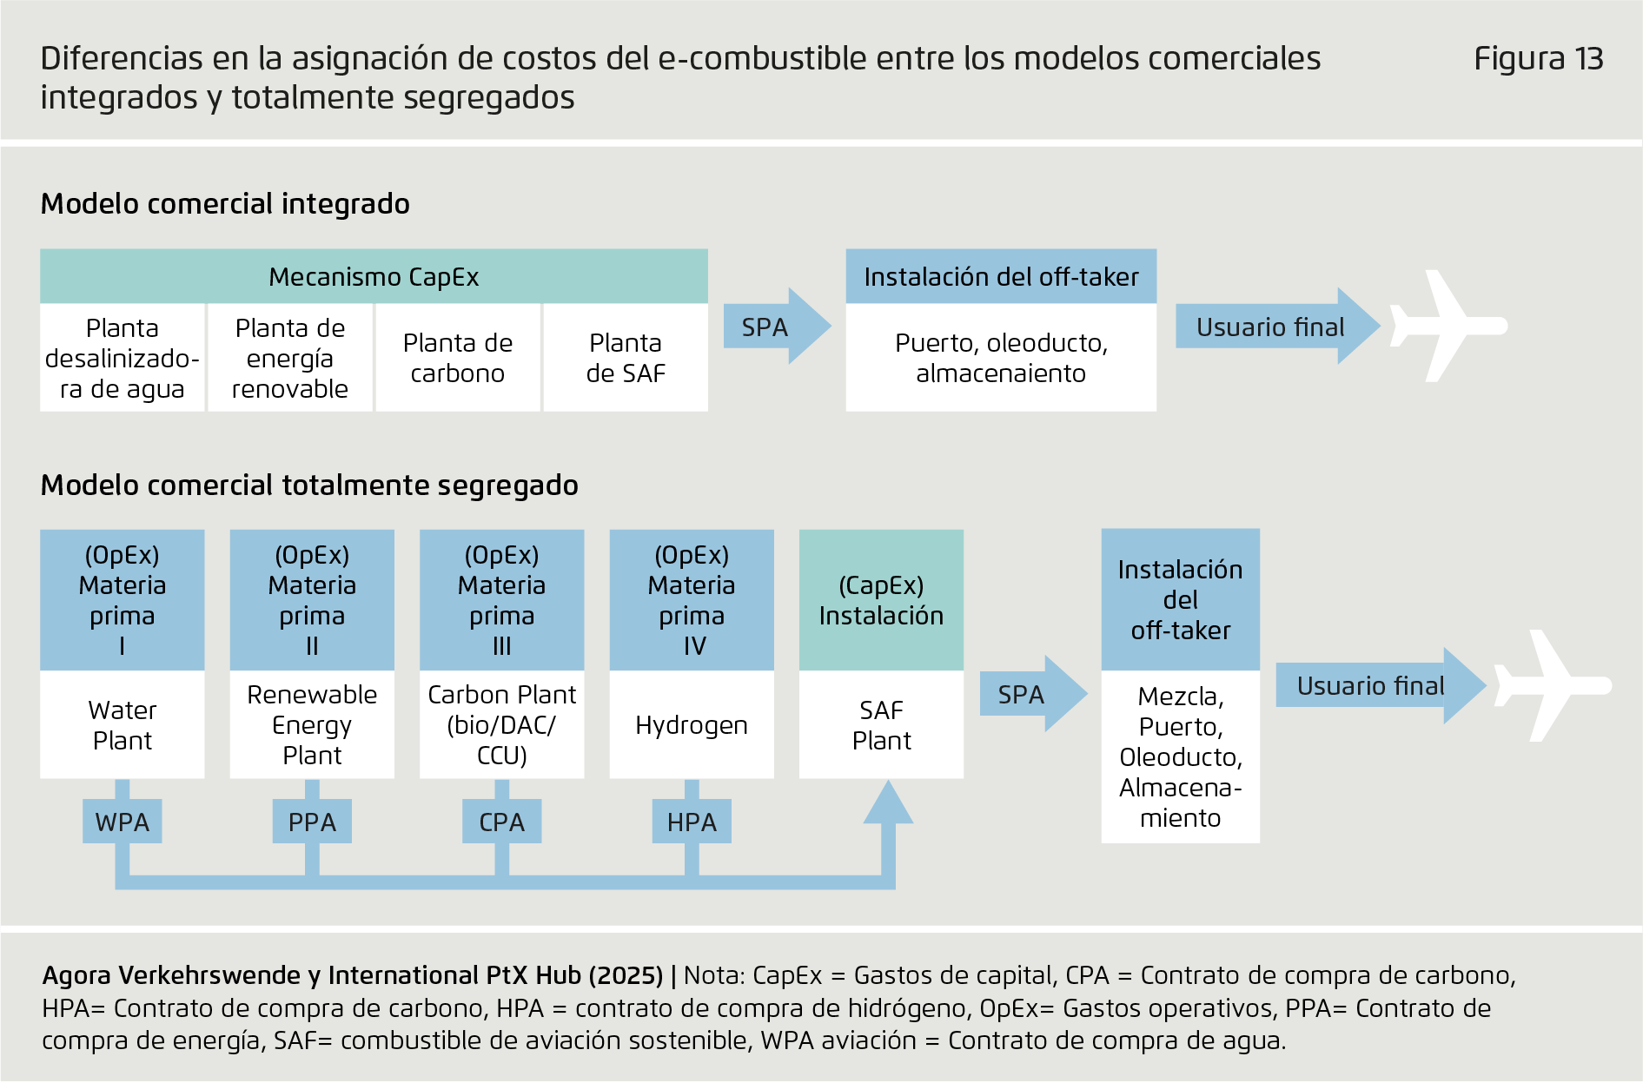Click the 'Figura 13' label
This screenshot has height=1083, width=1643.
point(1538,58)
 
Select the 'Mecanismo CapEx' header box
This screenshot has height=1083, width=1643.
point(374,276)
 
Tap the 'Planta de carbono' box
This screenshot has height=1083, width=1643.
point(458,358)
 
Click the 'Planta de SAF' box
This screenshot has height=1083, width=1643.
point(626,358)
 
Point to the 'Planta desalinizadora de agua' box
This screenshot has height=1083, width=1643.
point(123,358)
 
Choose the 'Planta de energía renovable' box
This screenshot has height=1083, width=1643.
point(290,358)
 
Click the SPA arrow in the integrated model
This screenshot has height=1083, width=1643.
point(777,327)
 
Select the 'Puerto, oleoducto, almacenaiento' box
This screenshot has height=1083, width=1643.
point(1001,358)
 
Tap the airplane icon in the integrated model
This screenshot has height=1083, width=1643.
point(1448,326)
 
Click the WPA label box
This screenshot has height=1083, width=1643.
point(123,822)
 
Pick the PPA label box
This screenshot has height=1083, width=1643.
point(312,822)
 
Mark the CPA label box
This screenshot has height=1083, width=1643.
point(502,822)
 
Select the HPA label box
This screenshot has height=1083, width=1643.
point(692,822)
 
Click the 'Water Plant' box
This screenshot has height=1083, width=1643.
point(123,724)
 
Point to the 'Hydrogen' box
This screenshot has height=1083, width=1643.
point(692,724)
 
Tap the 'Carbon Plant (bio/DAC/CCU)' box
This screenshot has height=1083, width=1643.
point(502,724)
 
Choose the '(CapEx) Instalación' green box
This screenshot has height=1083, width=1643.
point(881,600)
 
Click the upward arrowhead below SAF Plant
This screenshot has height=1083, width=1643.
point(888,802)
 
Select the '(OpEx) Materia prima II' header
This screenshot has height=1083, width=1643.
point(312,600)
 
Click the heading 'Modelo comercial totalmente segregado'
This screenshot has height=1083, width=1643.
point(309,485)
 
